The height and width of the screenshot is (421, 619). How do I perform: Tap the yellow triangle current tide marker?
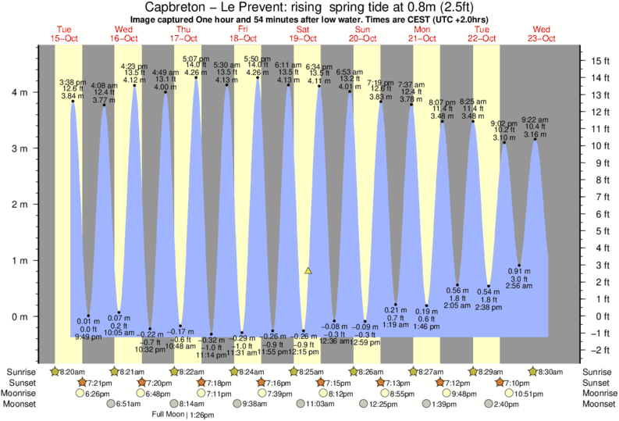coord(308,271)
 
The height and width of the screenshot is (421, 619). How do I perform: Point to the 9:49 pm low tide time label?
coord(87,337)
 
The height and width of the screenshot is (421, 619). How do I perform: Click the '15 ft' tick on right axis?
coord(600,60)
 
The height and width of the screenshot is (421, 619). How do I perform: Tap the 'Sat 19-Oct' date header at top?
coord(303,34)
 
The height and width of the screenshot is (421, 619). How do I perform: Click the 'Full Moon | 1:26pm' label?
coord(184,414)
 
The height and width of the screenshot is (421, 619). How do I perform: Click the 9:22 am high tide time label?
coord(534,120)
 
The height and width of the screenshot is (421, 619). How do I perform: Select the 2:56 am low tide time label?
coord(520,286)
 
